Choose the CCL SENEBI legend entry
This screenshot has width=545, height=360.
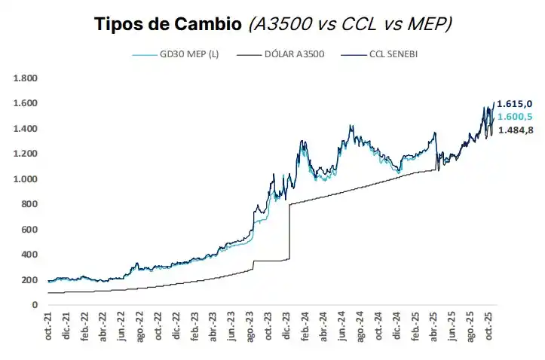pyautogui.click(x=397, y=55)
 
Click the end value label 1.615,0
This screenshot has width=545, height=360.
pyautogui.click(x=514, y=103)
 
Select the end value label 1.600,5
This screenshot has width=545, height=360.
pyautogui.click(x=514, y=116)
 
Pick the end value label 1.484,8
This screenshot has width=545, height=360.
pyautogui.click(x=514, y=130)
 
